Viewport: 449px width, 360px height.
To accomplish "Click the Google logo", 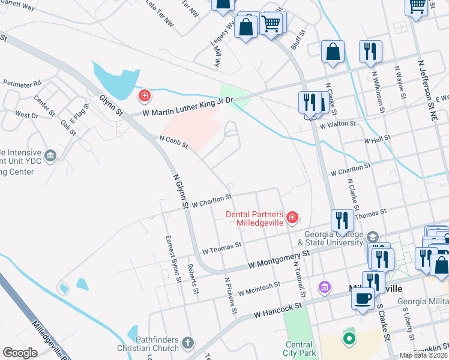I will [x=20, y=353].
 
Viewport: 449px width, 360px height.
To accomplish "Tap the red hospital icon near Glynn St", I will [x=144, y=95].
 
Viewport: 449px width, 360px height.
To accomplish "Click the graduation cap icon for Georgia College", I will [x=373, y=237].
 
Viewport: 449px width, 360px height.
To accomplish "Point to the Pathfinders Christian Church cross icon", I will [x=188, y=343].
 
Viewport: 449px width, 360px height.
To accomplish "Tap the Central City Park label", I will [x=298, y=349].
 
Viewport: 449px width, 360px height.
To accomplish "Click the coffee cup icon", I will [x=363, y=298].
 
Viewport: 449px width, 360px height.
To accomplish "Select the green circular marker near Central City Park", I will [x=349, y=339].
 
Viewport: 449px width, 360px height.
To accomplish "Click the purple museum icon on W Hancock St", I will [x=325, y=288].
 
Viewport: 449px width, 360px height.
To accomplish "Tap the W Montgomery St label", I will [x=279, y=260].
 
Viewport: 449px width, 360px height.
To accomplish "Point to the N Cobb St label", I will [x=173, y=142].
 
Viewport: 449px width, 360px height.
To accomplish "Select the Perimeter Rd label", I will [x=22, y=83].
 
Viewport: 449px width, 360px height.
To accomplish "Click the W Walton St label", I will [x=338, y=125].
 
